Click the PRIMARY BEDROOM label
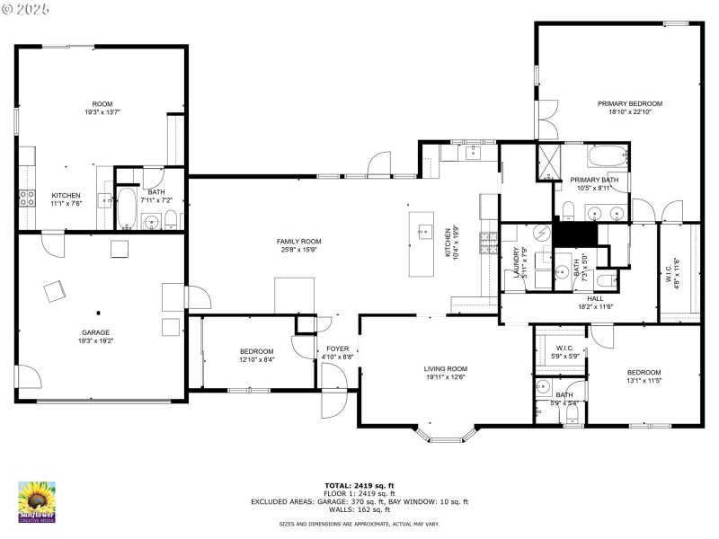pyautogui.click(x=629, y=103)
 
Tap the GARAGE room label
pyautogui.click(x=96, y=331)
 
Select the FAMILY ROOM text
pyautogui.click(x=298, y=241)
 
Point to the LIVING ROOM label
pyautogui.click(x=446, y=368)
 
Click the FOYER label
pyautogui.click(x=337, y=349)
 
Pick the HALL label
pyautogui.click(x=595, y=298)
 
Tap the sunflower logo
pyautogui.click(x=37, y=501)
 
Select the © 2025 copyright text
pyautogui.click(x=26, y=9)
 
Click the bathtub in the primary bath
pyautogui.click(x=608, y=159)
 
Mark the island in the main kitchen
pyautogui.click(x=421, y=243)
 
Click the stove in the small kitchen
pyautogui.click(x=27, y=199)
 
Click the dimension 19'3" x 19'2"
pyautogui.click(x=96, y=340)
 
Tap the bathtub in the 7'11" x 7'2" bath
pyautogui.click(x=126, y=210)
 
